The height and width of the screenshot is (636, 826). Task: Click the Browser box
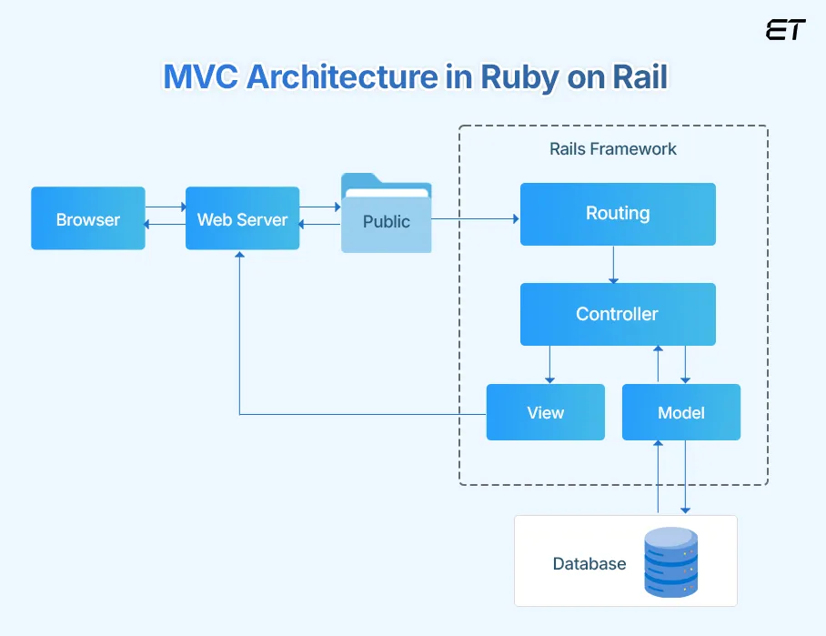(88, 218)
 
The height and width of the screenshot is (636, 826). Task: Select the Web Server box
(242, 218)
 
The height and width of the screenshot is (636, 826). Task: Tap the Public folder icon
(386, 214)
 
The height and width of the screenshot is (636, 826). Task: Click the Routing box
(618, 214)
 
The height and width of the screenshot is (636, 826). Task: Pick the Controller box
(618, 314)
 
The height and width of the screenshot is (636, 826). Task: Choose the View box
(546, 412)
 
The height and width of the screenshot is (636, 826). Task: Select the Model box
(681, 412)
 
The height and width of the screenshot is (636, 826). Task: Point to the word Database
(589, 564)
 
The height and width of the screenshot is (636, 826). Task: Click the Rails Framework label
(613, 148)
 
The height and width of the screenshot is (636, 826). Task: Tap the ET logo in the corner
(786, 30)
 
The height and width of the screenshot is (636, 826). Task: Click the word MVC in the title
(201, 77)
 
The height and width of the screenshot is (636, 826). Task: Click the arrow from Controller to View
(549, 364)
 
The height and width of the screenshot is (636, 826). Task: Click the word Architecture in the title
(342, 77)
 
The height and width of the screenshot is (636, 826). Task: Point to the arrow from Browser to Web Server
(165, 207)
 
